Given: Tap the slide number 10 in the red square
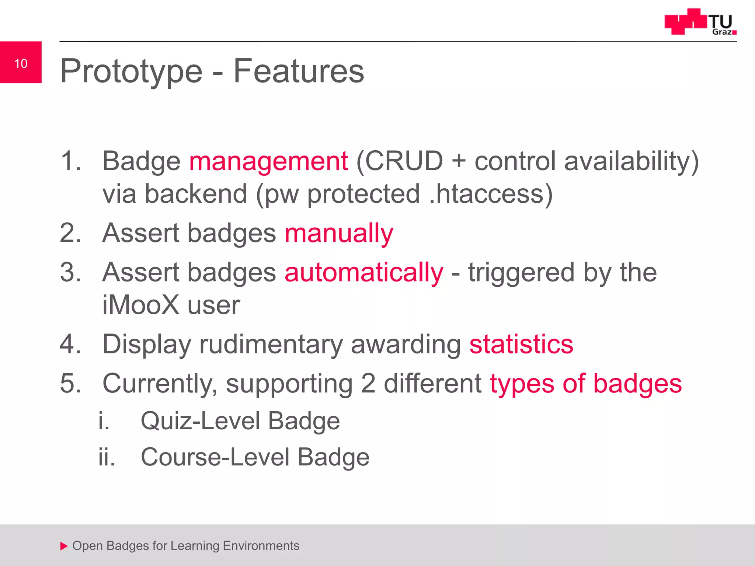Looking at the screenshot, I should (21, 63).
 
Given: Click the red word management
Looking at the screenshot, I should (268, 161).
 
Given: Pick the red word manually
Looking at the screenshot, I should (339, 234).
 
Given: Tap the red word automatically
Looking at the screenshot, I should (364, 273).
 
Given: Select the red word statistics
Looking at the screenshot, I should (521, 344).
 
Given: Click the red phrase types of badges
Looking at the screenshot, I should (585, 384).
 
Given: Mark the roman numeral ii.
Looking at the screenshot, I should (107, 457).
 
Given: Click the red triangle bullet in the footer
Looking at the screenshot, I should (64, 546).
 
